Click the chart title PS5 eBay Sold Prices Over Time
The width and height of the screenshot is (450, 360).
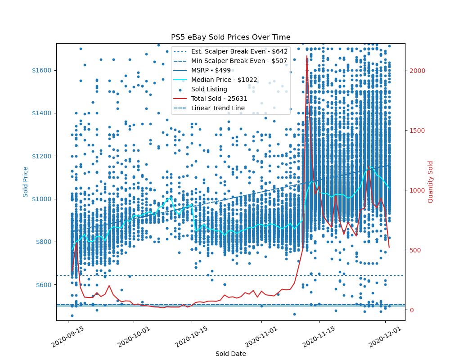click(x=230, y=37)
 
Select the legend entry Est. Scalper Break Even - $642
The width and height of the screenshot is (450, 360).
click(x=239, y=51)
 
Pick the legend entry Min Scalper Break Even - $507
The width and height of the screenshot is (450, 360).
click(x=239, y=61)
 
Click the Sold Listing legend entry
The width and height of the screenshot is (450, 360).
click(x=209, y=89)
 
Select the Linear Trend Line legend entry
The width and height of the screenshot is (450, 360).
click(x=218, y=108)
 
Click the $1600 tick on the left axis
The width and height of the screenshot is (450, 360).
click(x=41, y=70)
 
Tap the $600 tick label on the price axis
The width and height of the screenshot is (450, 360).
click(x=43, y=285)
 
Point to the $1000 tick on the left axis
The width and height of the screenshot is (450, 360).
click(x=41, y=199)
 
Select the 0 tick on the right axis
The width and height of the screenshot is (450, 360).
click(x=411, y=310)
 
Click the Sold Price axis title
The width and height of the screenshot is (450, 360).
click(x=26, y=182)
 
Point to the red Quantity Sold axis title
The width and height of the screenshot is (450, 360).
click(x=430, y=182)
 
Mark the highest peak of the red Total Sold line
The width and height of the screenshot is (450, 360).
click(x=307, y=56)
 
